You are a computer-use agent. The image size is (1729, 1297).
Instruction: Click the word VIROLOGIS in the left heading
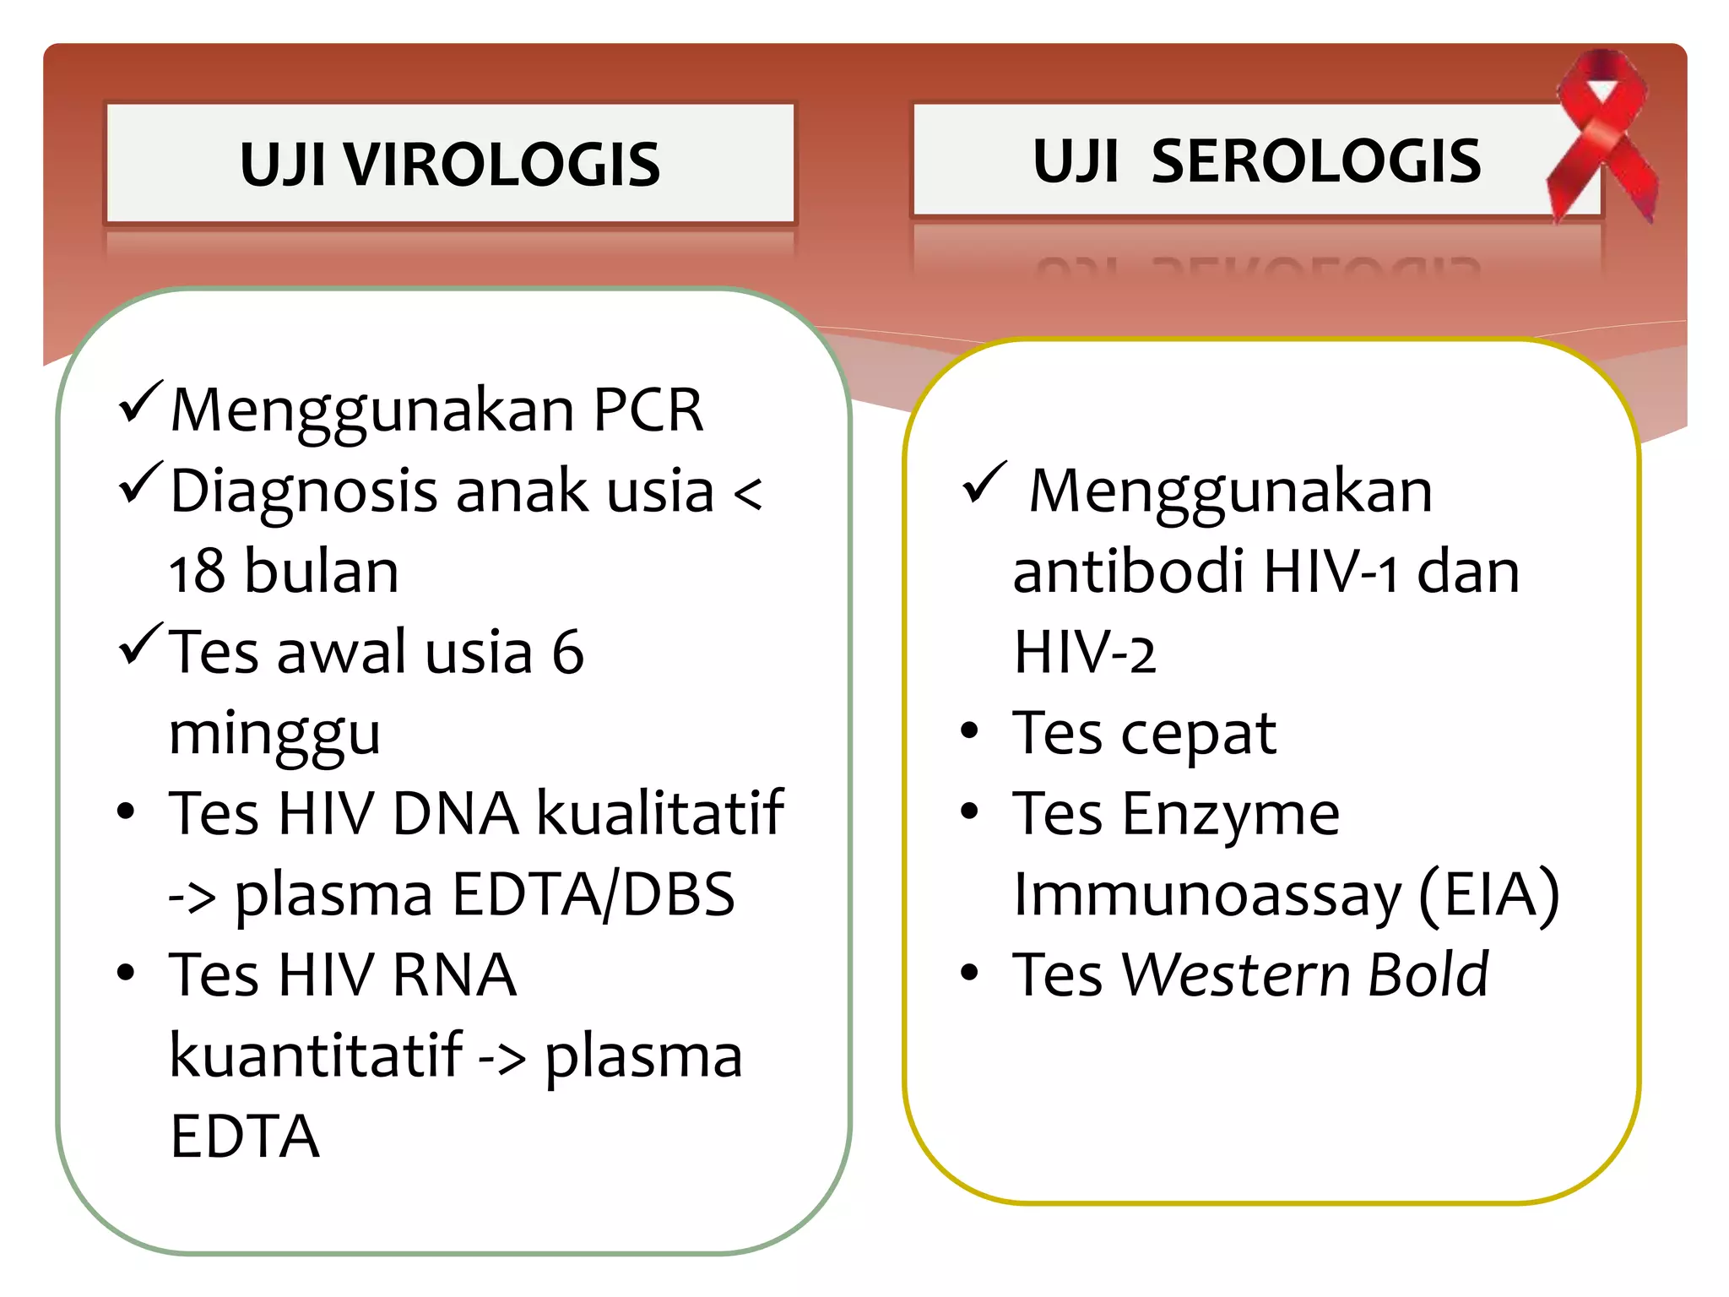pos(501,164)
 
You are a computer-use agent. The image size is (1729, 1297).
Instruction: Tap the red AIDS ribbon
pos(1602,135)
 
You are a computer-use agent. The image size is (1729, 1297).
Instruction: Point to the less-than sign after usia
pos(748,493)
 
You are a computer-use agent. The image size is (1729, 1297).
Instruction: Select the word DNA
pos(456,814)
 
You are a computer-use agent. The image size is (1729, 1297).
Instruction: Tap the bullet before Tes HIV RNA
pos(126,974)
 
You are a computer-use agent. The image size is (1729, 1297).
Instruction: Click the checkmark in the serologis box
pos(984,483)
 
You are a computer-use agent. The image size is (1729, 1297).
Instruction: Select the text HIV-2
pos(1084,653)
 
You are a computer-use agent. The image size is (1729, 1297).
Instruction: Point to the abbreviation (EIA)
pos(1489,894)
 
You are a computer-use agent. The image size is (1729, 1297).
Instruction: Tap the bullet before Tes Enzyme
pos(969,812)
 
